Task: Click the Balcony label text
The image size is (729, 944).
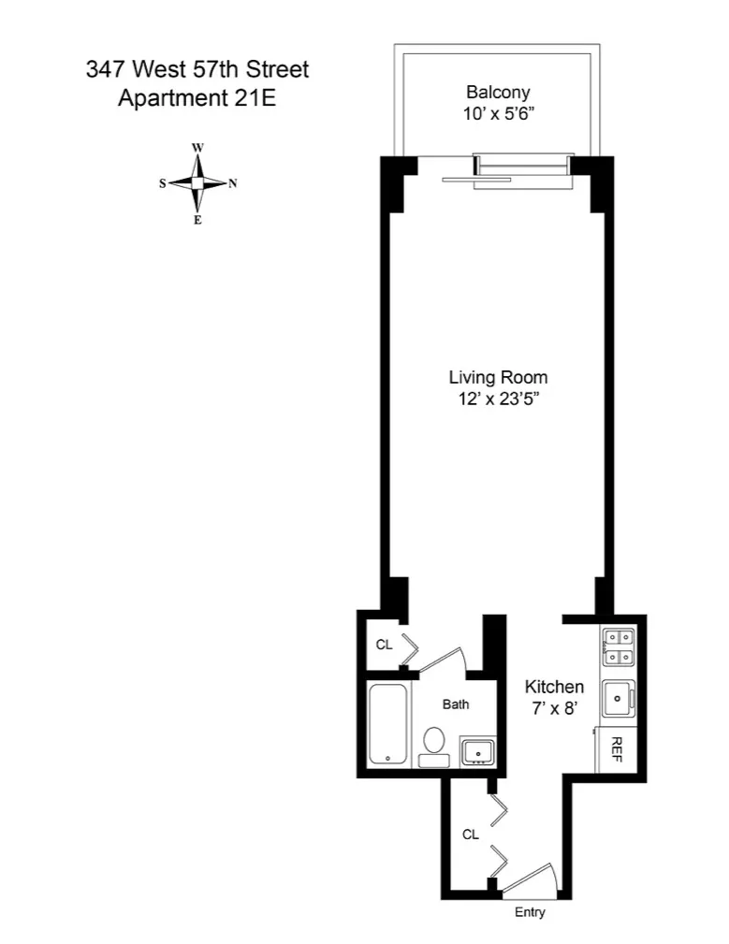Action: (498, 92)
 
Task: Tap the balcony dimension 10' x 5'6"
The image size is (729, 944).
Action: (498, 114)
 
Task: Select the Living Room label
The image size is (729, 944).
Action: (498, 378)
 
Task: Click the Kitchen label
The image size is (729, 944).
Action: (554, 686)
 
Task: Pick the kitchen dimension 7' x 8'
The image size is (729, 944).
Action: (554, 708)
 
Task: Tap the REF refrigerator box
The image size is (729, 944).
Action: (618, 748)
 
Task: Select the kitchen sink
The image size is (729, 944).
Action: (618, 697)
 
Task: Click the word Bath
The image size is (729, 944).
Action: (456, 704)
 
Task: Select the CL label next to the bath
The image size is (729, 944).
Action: (384, 645)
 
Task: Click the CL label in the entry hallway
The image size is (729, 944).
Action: (470, 834)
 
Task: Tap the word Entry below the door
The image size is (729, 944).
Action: (530, 912)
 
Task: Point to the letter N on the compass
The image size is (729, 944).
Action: (233, 183)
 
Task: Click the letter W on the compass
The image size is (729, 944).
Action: (197, 148)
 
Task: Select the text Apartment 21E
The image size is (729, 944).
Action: (197, 97)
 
